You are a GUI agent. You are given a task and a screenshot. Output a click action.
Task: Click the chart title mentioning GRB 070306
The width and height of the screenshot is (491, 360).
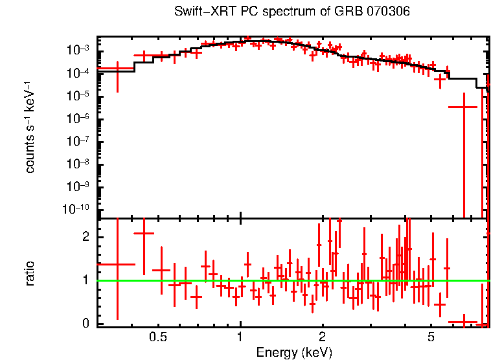point(292,12)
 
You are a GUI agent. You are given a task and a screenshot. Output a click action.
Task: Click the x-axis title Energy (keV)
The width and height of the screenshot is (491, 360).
point(294,352)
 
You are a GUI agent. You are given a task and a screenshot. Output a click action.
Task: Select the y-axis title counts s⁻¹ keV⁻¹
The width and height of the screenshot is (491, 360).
point(30,127)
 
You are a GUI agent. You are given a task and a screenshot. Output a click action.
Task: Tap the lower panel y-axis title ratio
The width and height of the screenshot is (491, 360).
point(30,273)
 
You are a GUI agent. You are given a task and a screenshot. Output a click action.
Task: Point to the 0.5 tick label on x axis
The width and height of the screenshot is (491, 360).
point(157,337)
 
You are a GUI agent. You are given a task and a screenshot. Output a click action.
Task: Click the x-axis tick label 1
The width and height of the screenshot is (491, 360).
point(240,337)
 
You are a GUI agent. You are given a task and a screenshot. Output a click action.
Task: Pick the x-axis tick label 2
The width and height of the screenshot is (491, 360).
point(322,337)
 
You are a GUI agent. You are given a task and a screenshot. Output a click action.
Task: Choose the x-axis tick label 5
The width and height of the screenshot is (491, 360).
point(431,337)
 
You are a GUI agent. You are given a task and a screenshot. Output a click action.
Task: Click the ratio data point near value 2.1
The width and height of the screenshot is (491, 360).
point(143,233)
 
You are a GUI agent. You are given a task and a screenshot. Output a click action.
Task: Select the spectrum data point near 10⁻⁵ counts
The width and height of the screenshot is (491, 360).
point(463,107)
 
